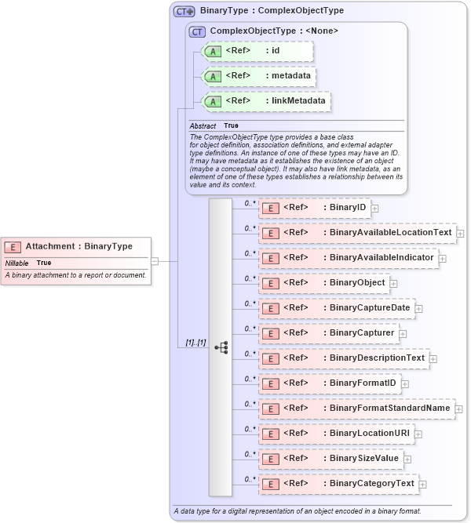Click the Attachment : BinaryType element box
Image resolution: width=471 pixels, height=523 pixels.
coord(75,246)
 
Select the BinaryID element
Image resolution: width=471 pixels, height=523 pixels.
coord(314,208)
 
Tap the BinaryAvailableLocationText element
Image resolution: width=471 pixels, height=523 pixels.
coord(357,233)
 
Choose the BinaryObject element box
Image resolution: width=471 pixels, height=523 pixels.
coord(323,283)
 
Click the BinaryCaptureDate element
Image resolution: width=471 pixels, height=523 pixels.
coord(337,308)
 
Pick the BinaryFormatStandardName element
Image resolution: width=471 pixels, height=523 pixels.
coord(356,409)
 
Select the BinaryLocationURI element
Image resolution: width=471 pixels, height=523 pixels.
coord(335,434)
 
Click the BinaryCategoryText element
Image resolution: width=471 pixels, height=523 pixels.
coord(338,484)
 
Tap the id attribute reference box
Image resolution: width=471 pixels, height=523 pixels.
coord(257,52)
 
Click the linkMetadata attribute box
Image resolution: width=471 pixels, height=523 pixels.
coord(266,102)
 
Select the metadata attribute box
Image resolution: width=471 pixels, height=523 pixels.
coord(260,77)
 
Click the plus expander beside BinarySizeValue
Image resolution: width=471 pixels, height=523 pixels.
coord(407,459)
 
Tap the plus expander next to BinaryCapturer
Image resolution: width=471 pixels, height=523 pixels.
coord(403,334)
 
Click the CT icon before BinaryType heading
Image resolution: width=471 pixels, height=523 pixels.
coord(184,12)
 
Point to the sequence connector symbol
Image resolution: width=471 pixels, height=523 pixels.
coord(221,347)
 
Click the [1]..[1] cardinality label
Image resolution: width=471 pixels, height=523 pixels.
coord(195,343)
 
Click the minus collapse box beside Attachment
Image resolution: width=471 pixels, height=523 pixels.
coord(155,261)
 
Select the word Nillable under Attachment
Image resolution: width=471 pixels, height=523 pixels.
coord(17,263)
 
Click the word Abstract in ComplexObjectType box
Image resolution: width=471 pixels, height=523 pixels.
coord(203,125)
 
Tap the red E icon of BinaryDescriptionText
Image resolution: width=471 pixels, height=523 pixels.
coord(270,359)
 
